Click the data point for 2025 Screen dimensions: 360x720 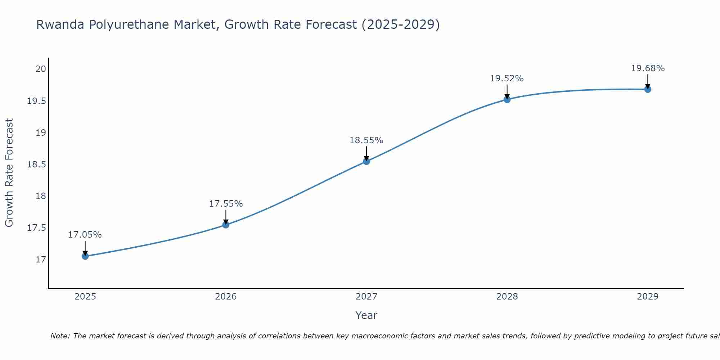tap(85, 256)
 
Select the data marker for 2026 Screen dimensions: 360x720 tap(226, 225)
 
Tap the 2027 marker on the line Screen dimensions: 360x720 tap(366, 161)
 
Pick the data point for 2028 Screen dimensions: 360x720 tap(507, 99)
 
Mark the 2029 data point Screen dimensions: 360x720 tap(648, 89)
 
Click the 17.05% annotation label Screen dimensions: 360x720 tap(85, 235)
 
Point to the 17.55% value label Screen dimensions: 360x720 tap(226, 204)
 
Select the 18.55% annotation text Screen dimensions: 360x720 tap(366, 140)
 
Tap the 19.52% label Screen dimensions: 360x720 tap(507, 78)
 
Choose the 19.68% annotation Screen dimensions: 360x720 tap(648, 68)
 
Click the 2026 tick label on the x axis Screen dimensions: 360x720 tap(226, 297)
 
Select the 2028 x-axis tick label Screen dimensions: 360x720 tap(507, 297)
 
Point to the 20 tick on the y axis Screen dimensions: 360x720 tap(41, 69)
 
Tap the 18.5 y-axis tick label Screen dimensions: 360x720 tap(37, 165)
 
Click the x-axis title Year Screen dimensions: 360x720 tap(366, 315)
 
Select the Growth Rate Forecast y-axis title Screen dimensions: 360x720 tap(9, 173)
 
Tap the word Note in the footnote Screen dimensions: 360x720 tap(59, 336)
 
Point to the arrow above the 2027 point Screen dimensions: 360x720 tap(366, 153)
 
